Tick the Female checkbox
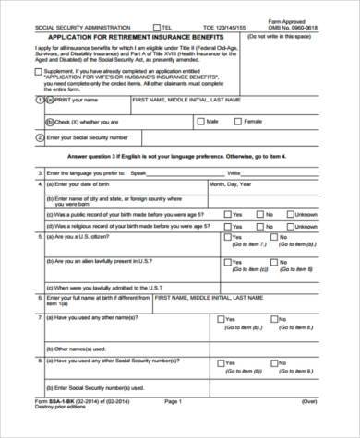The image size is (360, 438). tap(237, 120)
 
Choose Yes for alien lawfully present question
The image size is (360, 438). tap(228, 261)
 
